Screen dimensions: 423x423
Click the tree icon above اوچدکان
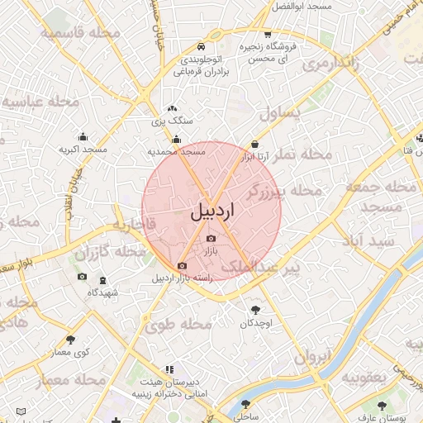click(x=255, y=311)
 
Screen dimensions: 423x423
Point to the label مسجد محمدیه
click(x=175, y=152)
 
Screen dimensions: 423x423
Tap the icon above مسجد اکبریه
click(x=83, y=137)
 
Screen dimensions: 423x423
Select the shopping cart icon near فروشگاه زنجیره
click(x=268, y=34)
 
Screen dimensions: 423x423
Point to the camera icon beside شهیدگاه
click(x=82, y=276)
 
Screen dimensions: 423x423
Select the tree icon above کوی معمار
click(x=70, y=339)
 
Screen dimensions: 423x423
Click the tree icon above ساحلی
click(x=245, y=406)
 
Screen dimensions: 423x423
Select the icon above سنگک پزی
click(x=172, y=108)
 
